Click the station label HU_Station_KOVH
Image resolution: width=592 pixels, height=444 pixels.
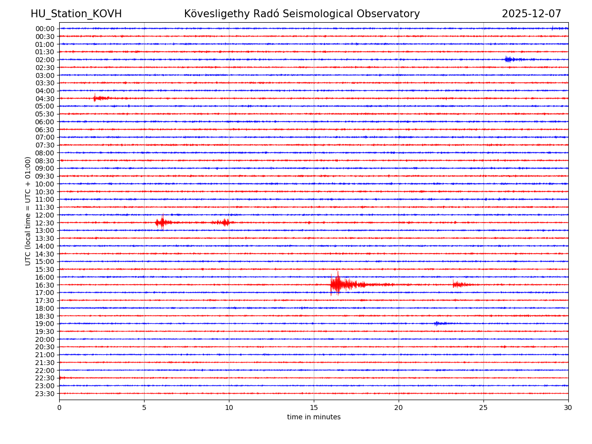(x=76, y=14)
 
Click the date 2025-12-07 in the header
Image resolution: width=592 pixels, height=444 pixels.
(x=531, y=14)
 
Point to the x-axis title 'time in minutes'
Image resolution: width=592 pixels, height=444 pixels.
(x=314, y=417)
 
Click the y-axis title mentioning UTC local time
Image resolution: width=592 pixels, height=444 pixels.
(x=28, y=211)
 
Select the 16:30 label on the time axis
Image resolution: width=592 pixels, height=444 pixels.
(x=44, y=285)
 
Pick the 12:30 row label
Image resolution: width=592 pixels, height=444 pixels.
(x=44, y=222)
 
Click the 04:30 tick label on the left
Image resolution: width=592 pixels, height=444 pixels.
(x=44, y=98)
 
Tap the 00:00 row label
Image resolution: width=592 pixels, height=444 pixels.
(x=44, y=29)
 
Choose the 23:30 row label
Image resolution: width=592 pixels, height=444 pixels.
(x=44, y=394)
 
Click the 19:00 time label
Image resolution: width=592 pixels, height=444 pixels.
(x=44, y=324)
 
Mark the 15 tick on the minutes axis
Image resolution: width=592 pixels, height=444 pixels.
(x=314, y=407)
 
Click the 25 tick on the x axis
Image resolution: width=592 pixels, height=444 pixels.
(x=483, y=407)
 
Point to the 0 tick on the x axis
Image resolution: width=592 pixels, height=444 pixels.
(x=59, y=407)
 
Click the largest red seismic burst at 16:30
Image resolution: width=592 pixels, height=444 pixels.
(x=337, y=284)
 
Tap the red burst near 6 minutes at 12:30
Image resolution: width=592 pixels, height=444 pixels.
(x=162, y=222)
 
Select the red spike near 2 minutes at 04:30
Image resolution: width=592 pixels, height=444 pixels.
(x=95, y=98)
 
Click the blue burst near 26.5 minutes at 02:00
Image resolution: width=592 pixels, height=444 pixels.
(x=509, y=59)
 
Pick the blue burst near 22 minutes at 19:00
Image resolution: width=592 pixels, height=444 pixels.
(x=437, y=323)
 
